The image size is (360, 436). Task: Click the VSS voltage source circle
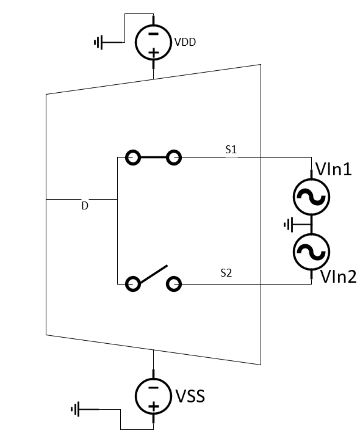[153, 396]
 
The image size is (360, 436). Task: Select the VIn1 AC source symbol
[312, 197]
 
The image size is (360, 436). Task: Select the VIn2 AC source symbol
[312, 250]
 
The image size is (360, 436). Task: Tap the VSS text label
[190, 396]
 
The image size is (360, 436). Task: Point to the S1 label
[231, 149]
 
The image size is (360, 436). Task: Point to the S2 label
[226, 273]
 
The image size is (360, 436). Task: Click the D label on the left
[85, 206]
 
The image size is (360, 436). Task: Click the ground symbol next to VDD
[97, 42]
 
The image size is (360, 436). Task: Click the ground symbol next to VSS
[76, 409]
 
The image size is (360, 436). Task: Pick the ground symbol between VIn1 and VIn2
[289, 224]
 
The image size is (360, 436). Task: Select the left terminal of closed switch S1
[133, 158]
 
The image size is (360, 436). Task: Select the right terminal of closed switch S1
[174, 158]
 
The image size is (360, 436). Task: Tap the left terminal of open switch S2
[133, 284]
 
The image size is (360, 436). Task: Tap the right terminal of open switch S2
[174, 284]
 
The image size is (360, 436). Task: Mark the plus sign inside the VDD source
[153, 53]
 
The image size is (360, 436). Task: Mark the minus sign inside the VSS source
[153, 387]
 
